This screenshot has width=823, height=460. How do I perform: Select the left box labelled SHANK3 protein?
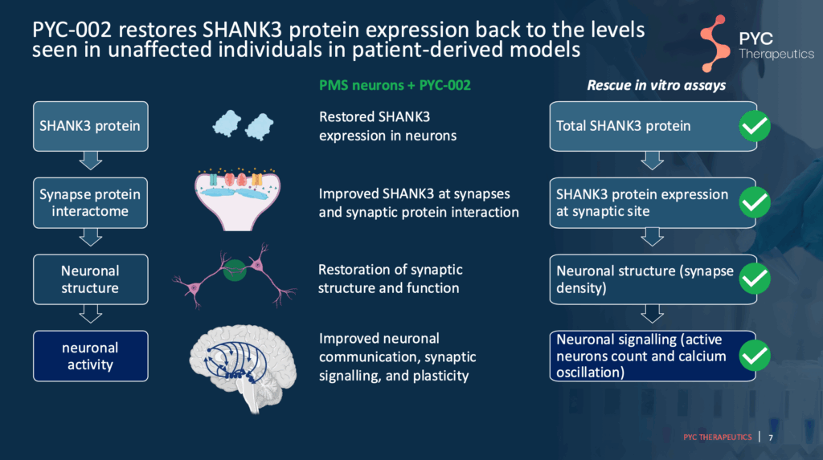tap(90, 126)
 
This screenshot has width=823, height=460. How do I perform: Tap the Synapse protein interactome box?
tap(90, 202)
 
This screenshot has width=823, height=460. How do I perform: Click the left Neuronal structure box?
tap(90, 279)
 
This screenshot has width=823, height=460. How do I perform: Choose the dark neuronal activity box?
tap(90, 356)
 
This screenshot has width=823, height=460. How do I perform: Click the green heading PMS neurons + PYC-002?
tap(395, 85)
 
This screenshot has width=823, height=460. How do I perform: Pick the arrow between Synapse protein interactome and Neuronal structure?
tap(90, 238)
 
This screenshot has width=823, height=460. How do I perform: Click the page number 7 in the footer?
tap(771, 438)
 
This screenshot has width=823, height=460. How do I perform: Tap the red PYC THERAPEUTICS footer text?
tap(718, 438)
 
